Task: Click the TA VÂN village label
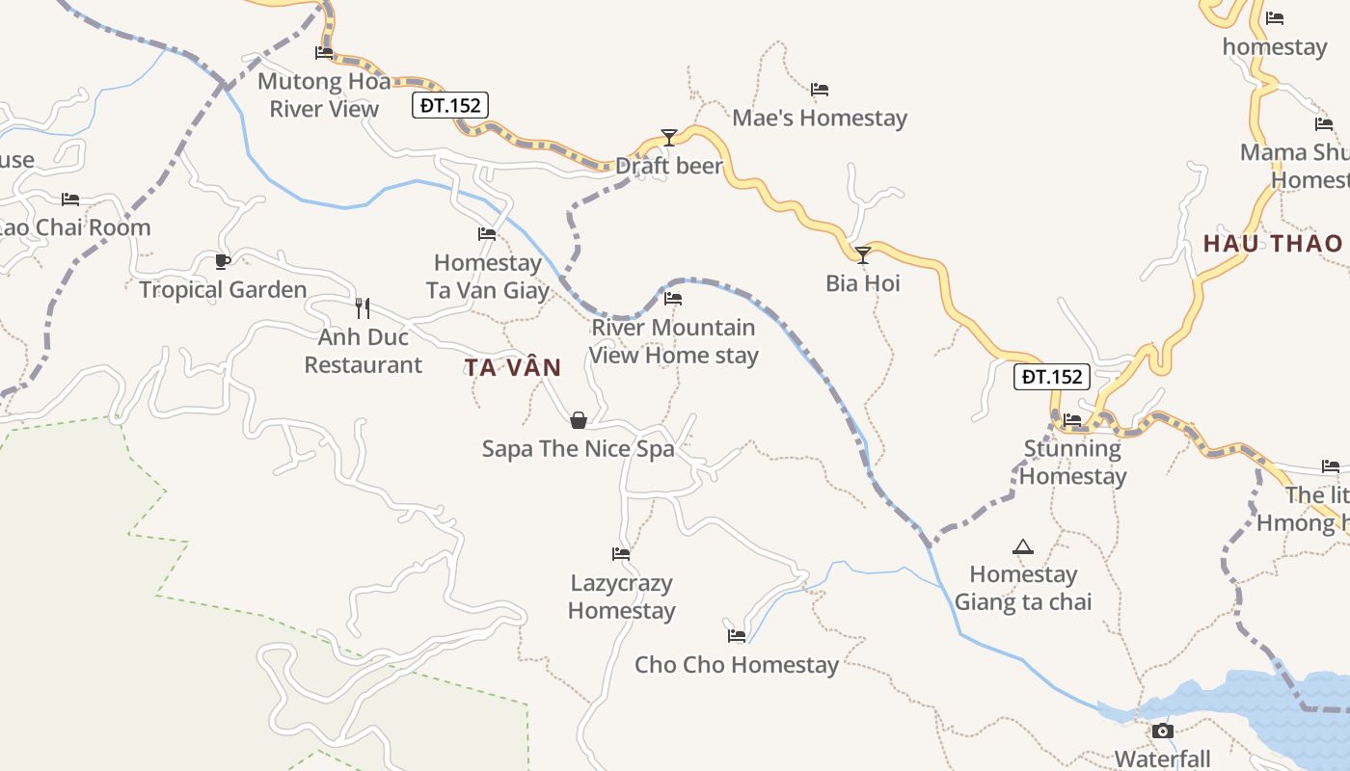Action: (512, 367)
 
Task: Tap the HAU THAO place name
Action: (1272, 243)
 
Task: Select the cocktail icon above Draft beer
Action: (669, 137)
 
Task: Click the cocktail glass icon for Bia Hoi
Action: (863, 254)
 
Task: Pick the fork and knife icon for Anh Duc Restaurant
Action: (363, 307)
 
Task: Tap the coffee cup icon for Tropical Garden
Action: (223, 260)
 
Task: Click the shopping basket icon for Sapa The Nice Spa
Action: (579, 419)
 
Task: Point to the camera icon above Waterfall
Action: (1163, 731)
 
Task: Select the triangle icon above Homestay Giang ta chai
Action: (1023, 546)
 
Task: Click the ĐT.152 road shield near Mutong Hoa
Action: (450, 105)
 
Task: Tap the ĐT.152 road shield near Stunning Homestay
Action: (1051, 377)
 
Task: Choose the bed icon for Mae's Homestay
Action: (820, 90)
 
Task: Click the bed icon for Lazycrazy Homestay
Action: (621, 554)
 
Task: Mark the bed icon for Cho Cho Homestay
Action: (737, 635)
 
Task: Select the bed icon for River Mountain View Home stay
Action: (673, 299)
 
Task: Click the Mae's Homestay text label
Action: (820, 118)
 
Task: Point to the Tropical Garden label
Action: (223, 289)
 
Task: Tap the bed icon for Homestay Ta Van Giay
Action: (487, 233)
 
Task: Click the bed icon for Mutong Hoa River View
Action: (324, 53)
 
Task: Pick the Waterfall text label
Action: (1162, 758)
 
